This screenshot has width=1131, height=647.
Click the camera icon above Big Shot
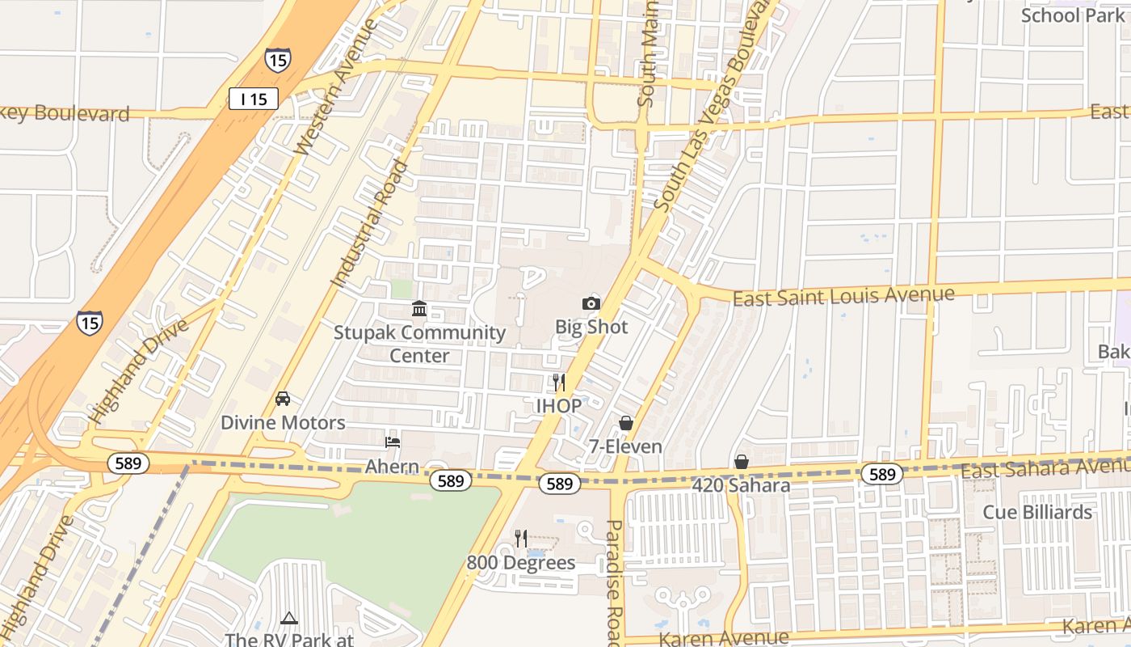tap(591, 304)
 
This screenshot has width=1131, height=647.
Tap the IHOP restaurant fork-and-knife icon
tap(558, 383)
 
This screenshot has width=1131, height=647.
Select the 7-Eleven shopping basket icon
tap(625, 423)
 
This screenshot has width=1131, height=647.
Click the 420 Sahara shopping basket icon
tap(741, 462)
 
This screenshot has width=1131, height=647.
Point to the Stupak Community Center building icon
tap(419, 309)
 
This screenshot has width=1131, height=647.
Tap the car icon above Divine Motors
tap(283, 399)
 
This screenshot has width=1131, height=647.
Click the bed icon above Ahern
tap(393, 442)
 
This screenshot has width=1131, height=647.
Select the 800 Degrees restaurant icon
tap(521, 539)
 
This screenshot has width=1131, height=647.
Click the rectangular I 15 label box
tap(254, 99)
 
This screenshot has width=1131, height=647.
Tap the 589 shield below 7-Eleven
tap(559, 484)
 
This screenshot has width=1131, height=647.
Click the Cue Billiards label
tap(1037, 512)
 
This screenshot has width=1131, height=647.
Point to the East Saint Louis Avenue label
tap(843, 296)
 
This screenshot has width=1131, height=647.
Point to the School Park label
tap(1073, 15)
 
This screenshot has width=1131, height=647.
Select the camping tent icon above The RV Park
tap(289, 619)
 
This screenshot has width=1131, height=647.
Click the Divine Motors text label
tap(283, 422)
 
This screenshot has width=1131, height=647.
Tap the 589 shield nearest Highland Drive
tap(128, 463)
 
